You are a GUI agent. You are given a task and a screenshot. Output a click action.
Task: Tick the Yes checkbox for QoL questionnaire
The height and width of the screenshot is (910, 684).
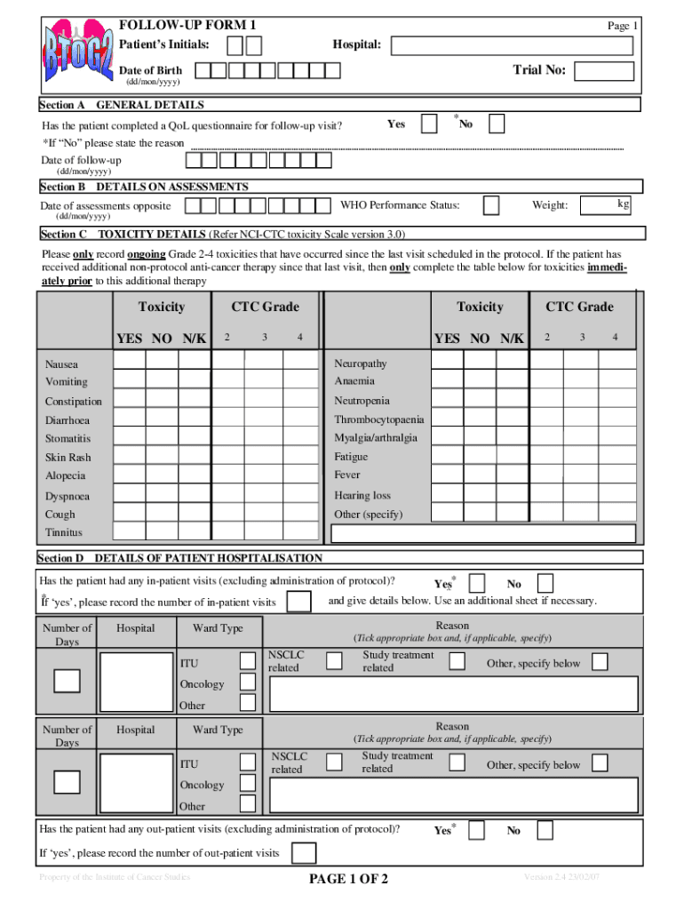(429, 124)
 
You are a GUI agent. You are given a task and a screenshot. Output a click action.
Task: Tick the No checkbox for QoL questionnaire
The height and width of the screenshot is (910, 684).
(497, 124)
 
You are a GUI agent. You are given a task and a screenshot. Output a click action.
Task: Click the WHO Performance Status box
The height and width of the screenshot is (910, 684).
(490, 206)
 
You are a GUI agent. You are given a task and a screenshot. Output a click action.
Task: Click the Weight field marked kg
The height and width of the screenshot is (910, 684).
(605, 206)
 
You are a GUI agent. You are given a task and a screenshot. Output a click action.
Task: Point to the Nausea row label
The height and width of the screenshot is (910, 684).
(62, 364)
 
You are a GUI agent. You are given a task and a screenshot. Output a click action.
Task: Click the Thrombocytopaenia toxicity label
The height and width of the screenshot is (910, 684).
(379, 419)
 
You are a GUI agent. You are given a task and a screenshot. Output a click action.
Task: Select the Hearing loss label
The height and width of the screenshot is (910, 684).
(362, 495)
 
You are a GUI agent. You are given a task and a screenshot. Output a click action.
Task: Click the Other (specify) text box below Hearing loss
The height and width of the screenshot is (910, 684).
(482, 533)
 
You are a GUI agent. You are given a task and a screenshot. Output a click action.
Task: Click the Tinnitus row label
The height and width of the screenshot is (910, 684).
(64, 532)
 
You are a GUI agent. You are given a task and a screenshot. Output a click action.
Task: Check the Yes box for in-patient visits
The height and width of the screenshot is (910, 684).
(477, 584)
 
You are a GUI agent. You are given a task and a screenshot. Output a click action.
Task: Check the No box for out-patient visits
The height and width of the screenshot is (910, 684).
(545, 830)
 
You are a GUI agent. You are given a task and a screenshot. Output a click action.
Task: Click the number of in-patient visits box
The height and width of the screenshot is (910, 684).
(300, 602)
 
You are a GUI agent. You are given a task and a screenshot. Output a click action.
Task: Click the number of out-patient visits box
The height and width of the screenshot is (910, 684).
(304, 853)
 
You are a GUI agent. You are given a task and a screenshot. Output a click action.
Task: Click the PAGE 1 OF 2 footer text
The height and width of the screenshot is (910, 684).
(347, 880)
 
